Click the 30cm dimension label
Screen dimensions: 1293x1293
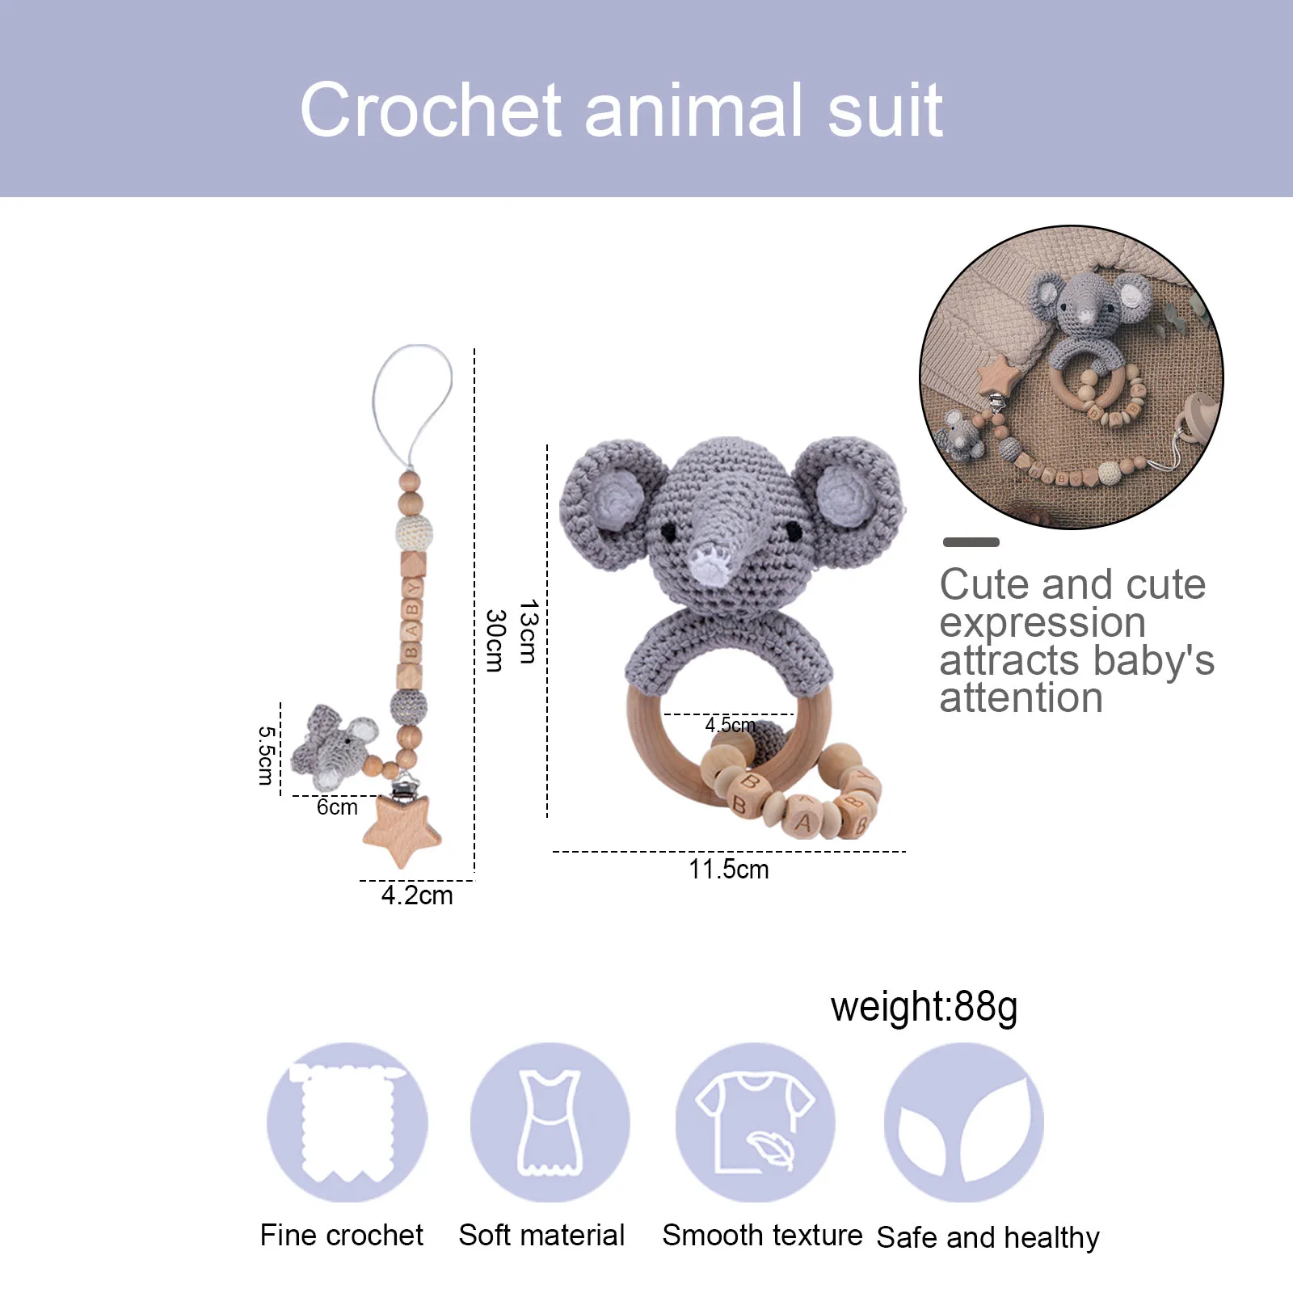pyautogui.click(x=495, y=640)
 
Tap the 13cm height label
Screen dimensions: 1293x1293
pyautogui.click(x=528, y=631)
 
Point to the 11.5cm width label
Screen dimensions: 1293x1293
pyautogui.click(x=728, y=870)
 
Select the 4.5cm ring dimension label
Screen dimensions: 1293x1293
pyautogui.click(x=730, y=725)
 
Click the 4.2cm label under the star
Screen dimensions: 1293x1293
pyautogui.click(x=417, y=895)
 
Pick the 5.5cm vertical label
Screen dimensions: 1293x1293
pyautogui.click(x=266, y=756)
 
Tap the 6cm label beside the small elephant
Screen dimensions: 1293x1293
pyautogui.click(x=337, y=807)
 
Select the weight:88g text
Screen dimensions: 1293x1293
pyautogui.click(x=924, y=1008)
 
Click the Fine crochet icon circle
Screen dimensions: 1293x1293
pyautogui.click(x=347, y=1122)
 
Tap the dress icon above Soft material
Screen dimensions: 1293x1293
pyautogui.click(x=550, y=1122)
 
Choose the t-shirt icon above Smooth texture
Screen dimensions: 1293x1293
pyautogui.click(x=755, y=1122)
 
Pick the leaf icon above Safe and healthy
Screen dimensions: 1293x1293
pyautogui.click(x=963, y=1122)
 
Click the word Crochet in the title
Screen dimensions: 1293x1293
pyautogui.click(x=431, y=110)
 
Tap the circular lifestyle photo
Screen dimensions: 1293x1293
pyautogui.click(x=1071, y=377)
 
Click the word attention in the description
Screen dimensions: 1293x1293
pyautogui.click(x=1021, y=697)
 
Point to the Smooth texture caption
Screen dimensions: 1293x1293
pyautogui.click(x=762, y=1235)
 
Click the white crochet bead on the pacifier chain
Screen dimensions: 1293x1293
pyautogui.click(x=414, y=532)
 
